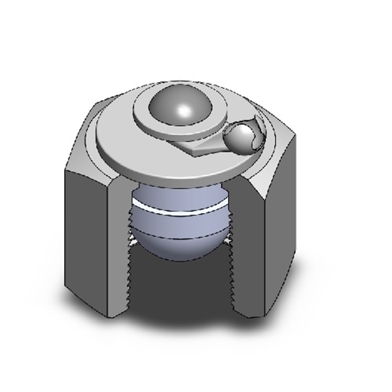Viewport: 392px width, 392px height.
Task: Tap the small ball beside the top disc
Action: [243, 135]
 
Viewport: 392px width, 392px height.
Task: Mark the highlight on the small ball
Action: [247, 131]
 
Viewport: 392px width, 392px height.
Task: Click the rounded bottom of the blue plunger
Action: [178, 246]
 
